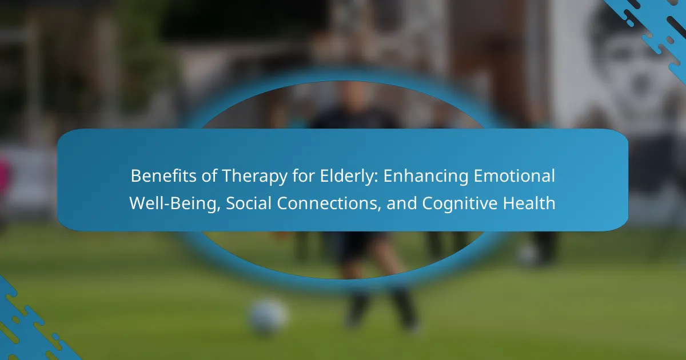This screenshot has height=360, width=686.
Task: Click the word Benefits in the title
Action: (163, 176)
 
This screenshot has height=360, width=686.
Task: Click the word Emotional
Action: (514, 176)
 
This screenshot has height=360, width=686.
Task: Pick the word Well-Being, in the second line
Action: (175, 203)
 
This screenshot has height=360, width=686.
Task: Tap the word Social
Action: (249, 203)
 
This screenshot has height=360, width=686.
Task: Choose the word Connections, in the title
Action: (329, 203)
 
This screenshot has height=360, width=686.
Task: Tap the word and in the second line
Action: (401, 203)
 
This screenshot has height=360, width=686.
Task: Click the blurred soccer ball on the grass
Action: (268, 316)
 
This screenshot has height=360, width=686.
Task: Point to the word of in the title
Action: (209, 176)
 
